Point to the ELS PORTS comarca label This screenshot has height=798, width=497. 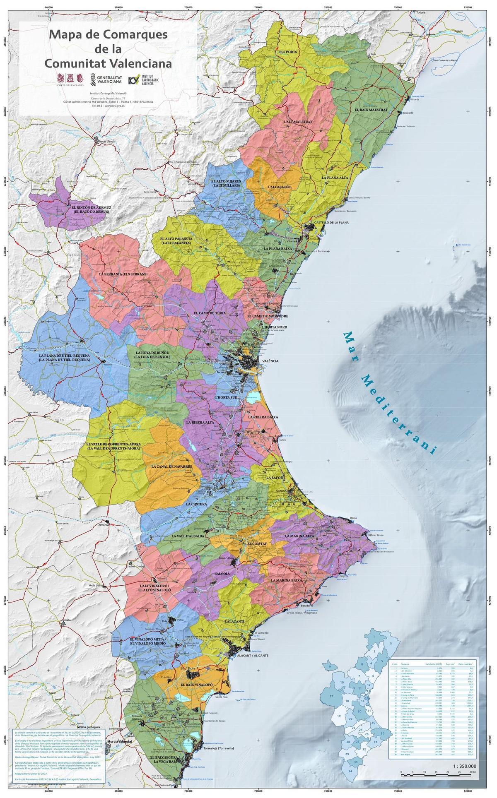pyautogui.click(x=288, y=52)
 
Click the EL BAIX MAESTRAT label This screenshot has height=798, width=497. pyautogui.click(x=371, y=110)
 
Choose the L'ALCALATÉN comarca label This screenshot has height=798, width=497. pyautogui.click(x=280, y=187)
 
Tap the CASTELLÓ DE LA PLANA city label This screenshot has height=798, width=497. pyautogui.click(x=331, y=222)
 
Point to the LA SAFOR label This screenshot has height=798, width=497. pyautogui.click(x=275, y=478)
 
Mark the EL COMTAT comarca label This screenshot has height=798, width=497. pyautogui.click(x=257, y=543)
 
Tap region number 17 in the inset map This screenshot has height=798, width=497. pyautogui.click(x=331, y=696)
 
